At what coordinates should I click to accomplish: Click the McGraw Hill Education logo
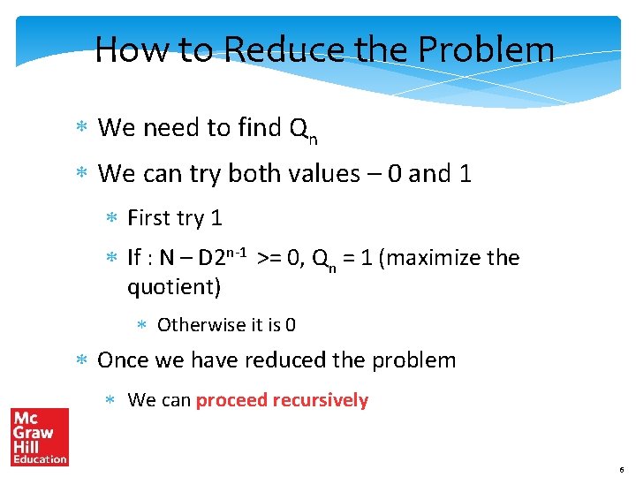pyautogui.click(x=40, y=436)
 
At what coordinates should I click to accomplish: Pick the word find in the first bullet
pyautogui.click(x=259, y=128)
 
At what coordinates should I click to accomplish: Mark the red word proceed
pyautogui.click(x=231, y=400)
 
